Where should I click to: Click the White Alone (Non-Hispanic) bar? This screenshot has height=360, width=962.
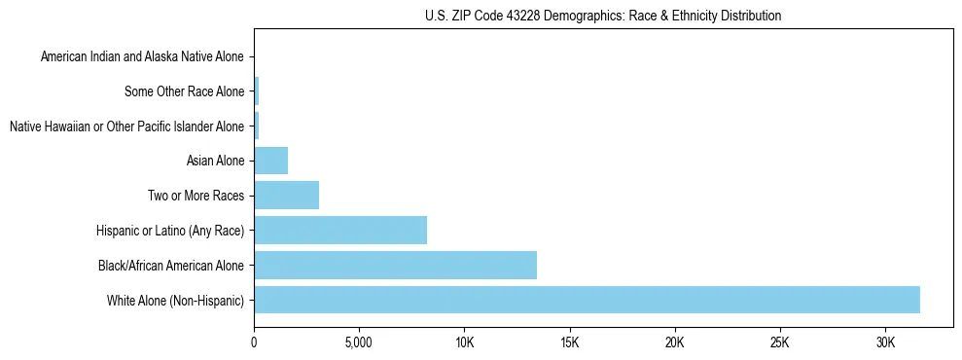[587, 300]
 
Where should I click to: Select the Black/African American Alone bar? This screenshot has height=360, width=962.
[395, 265]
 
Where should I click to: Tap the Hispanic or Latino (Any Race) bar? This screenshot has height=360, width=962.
[340, 230]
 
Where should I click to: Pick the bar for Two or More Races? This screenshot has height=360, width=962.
[286, 195]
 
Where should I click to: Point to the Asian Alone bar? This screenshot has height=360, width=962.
[270, 161]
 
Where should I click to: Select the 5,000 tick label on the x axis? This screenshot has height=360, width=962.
[359, 342]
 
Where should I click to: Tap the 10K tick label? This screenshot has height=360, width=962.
[464, 342]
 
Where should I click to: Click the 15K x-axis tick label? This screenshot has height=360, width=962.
[569, 342]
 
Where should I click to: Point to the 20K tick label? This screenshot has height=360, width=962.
[674, 342]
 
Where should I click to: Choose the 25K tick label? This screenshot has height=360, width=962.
[779, 342]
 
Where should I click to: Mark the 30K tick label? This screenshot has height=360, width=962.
[884, 342]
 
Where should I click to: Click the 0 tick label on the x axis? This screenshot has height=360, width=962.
[254, 342]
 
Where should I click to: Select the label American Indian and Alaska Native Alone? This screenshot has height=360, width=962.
[143, 57]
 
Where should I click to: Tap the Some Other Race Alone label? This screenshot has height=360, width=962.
[185, 92]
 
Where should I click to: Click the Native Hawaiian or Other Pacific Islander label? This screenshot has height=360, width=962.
[126, 126]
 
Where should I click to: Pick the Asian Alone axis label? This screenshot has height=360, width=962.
[215, 161]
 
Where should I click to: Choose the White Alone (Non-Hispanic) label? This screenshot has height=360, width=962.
[176, 300]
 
